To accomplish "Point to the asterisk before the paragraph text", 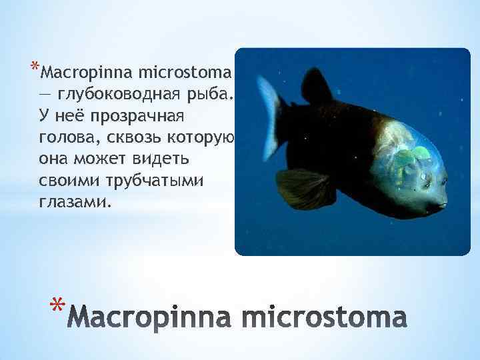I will click(33, 67).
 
